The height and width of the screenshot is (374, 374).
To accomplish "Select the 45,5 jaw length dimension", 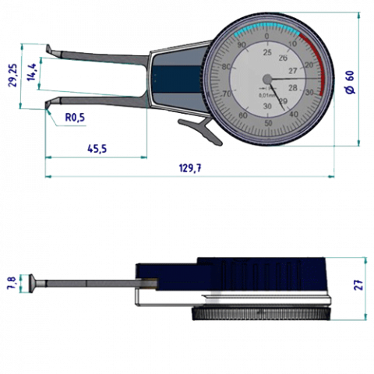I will pyautogui.click(x=97, y=149).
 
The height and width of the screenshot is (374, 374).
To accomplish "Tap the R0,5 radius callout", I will pyautogui.click(x=75, y=118).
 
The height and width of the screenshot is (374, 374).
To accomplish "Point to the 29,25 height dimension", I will pyautogui.click(x=12, y=76).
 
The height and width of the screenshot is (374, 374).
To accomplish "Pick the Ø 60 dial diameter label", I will pyautogui.click(x=350, y=79).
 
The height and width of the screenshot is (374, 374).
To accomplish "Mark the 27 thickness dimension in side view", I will pyautogui.click(x=359, y=286).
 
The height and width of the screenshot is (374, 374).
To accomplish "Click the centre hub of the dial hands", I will pyautogui.click(x=267, y=79).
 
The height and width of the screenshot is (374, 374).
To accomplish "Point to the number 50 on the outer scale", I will pyautogui.click(x=269, y=123).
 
